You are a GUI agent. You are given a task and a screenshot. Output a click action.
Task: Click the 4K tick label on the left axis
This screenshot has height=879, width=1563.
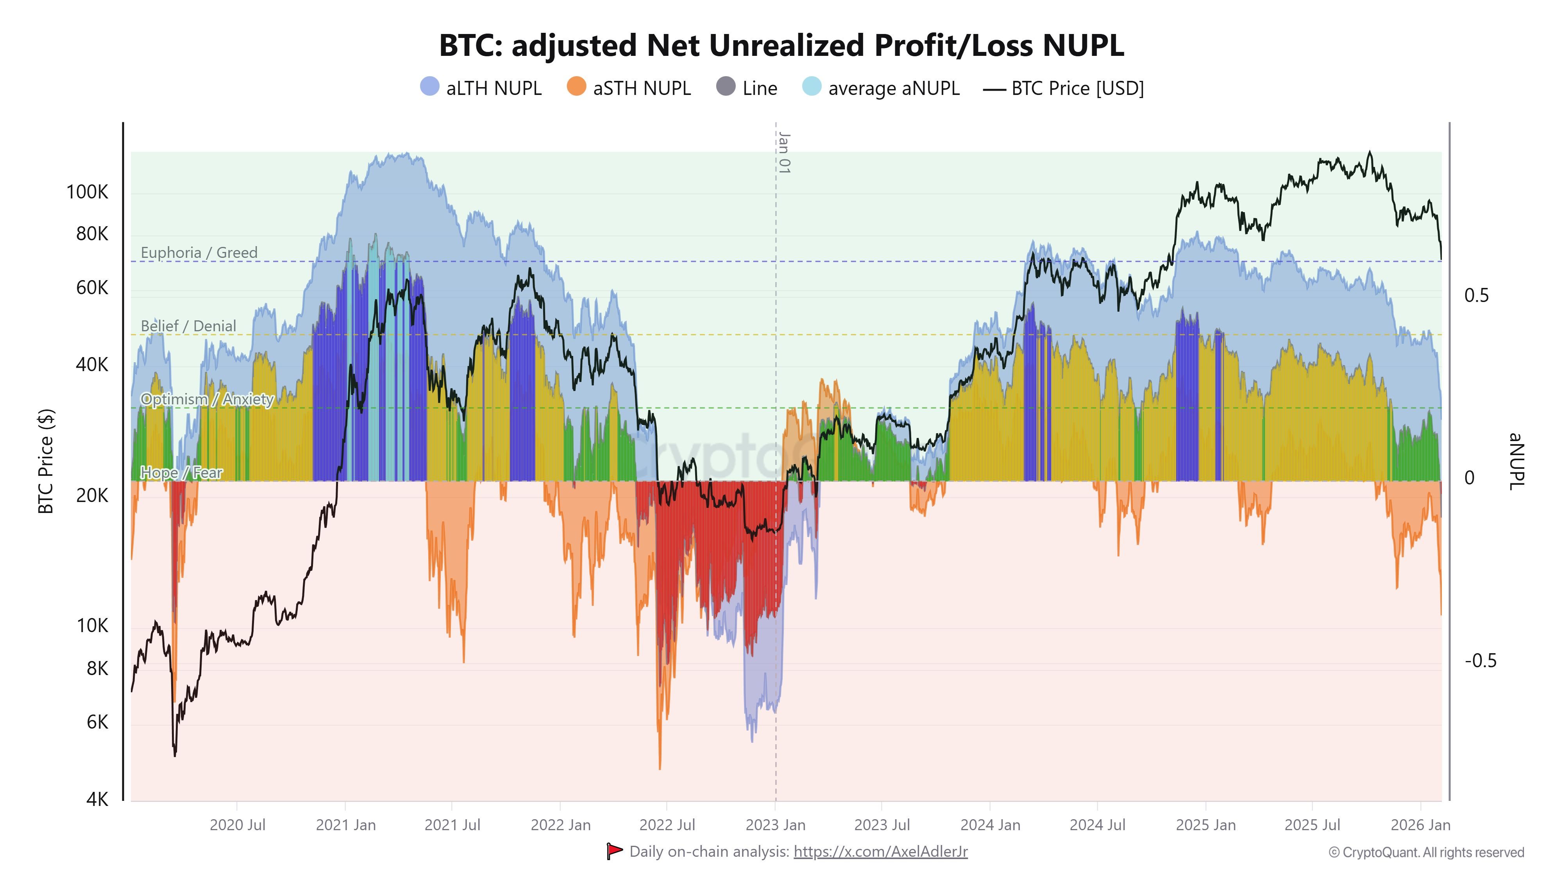[x=97, y=800]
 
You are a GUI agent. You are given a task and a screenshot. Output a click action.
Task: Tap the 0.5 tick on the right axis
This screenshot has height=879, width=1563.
[x=1476, y=295]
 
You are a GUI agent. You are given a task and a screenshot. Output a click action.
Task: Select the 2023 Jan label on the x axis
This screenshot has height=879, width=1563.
[x=775, y=825]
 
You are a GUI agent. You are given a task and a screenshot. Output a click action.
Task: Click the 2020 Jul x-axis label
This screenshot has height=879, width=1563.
[x=237, y=825]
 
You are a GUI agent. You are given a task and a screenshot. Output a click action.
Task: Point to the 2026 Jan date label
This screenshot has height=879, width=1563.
[x=1420, y=825]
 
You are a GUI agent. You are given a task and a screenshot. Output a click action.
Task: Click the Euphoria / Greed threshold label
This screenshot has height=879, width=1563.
[x=199, y=252]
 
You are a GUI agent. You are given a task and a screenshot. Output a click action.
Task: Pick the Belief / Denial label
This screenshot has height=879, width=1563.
[x=188, y=326]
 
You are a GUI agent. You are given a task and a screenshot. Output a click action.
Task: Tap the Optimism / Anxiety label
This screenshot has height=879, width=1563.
[x=207, y=399]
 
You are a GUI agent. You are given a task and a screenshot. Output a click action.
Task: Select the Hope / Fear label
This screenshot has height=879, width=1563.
[x=181, y=473]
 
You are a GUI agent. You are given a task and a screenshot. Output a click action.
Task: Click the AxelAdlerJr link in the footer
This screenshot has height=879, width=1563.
[x=880, y=852]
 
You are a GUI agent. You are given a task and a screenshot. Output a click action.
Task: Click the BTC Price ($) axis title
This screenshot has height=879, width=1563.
[x=46, y=461]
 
